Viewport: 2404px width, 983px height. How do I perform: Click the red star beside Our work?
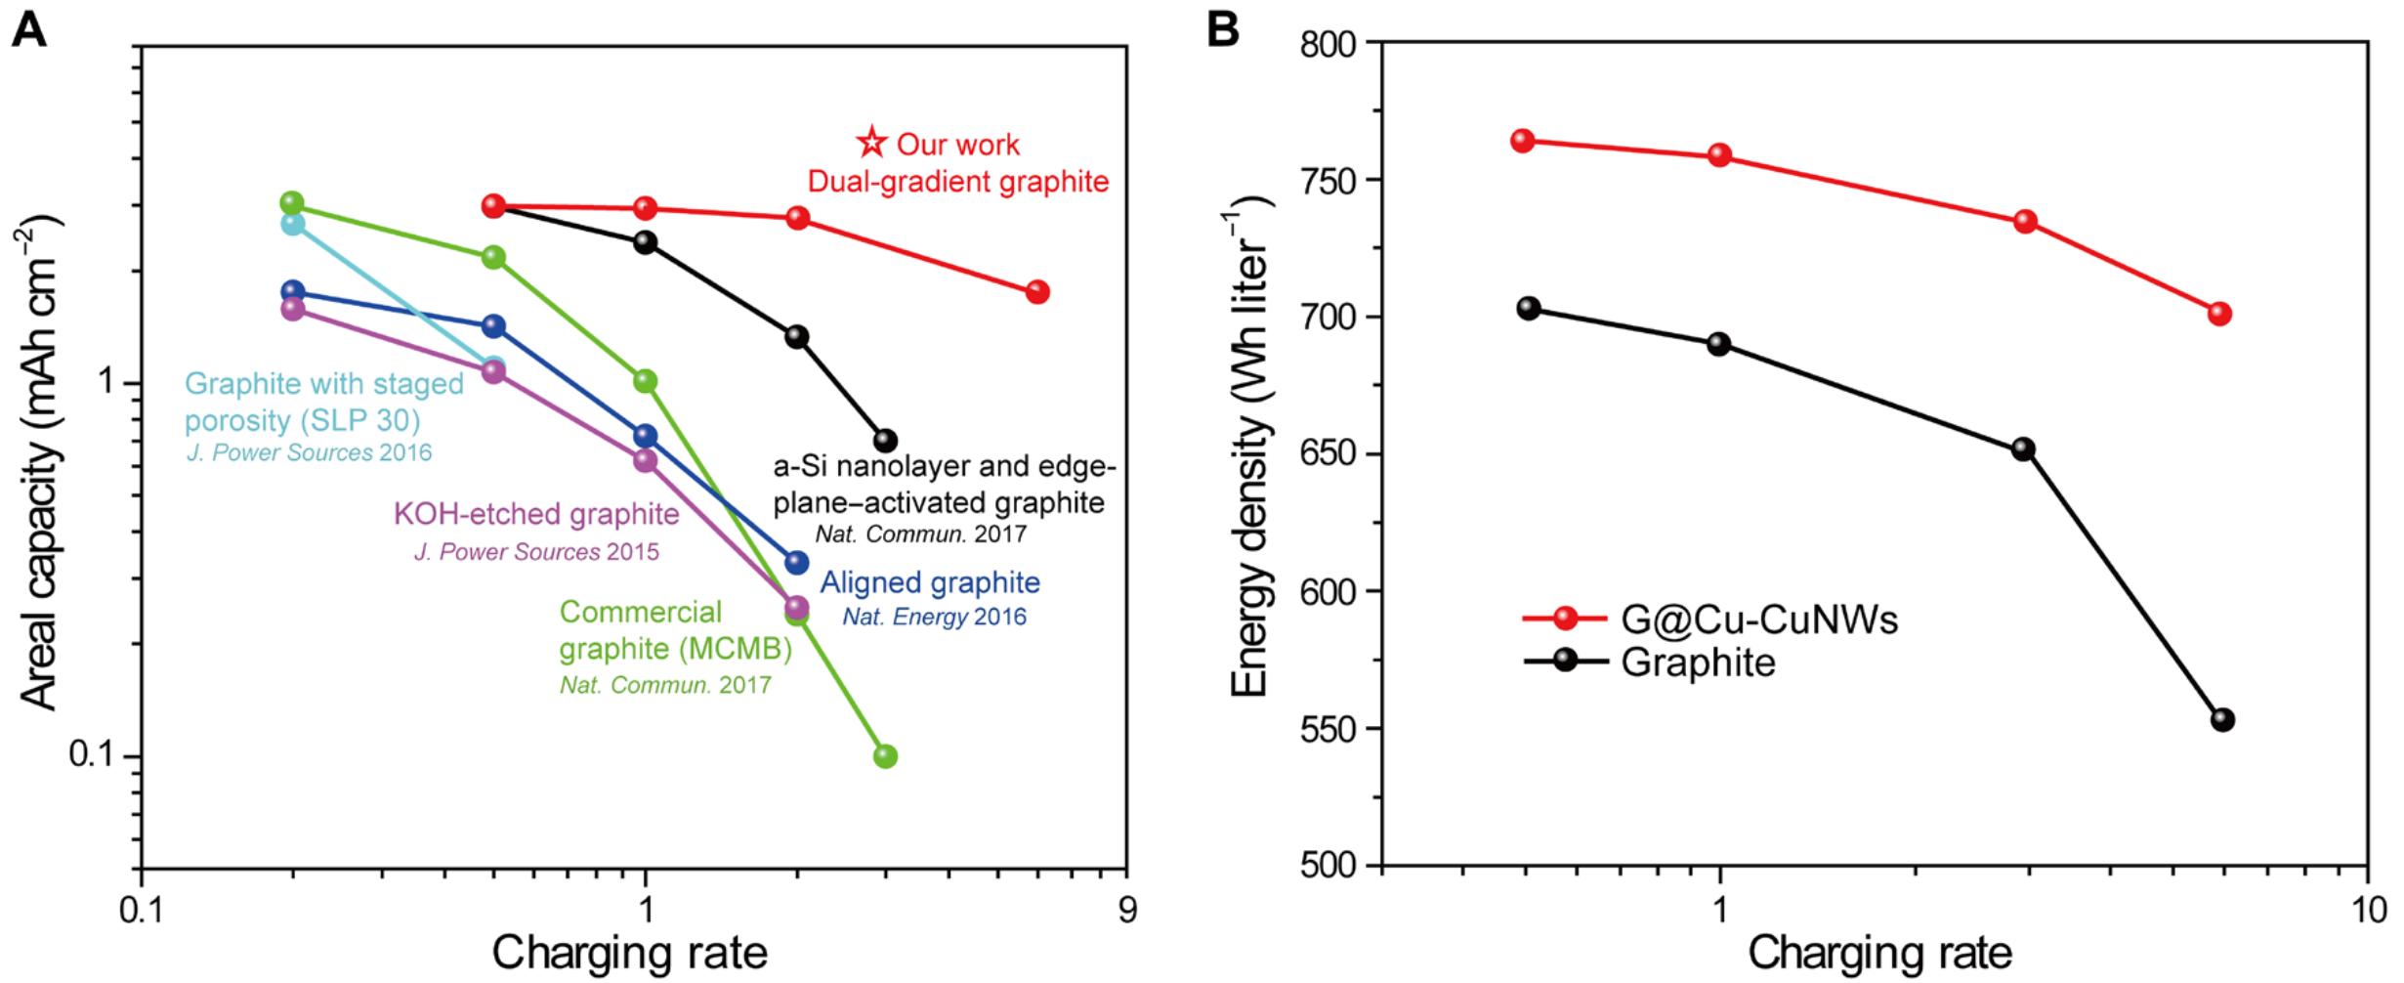(x=870, y=144)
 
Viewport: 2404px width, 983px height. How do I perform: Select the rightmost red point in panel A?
(x=1037, y=292)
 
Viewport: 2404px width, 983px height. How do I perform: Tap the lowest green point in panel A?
(x=885, y=756)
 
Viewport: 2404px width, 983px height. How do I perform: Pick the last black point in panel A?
(x=885, y=441)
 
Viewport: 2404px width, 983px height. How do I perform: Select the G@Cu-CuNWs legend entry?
(x=1709, y=620)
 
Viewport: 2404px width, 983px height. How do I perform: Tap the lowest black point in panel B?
(x=2223, y=720)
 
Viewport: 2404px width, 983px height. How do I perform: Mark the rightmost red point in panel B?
(x=2219, y=314)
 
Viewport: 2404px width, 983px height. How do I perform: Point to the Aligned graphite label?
(x=930, y=583)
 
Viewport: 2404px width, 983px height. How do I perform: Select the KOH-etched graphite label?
(x=536, y=514)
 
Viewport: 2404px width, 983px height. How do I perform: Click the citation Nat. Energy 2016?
(x=934, y=618)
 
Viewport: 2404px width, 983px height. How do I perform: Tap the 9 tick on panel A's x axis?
(x=1127, y=911)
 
